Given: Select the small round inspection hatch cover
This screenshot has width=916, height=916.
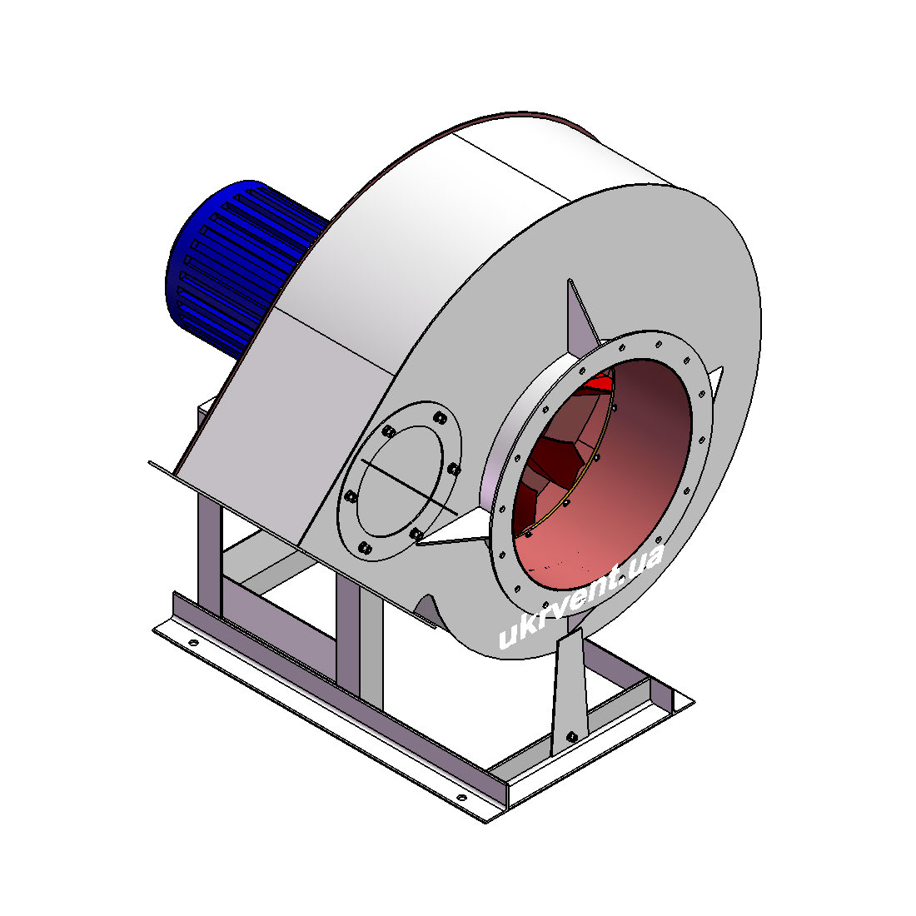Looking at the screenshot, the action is (400, 480).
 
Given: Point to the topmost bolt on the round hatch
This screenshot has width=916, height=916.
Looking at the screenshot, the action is (440, 417).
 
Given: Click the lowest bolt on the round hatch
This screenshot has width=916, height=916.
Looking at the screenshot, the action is (365, 547).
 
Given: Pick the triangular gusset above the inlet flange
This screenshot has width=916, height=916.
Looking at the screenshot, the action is (580, 317).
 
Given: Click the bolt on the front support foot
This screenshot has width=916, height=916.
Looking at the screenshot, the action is (572, 737).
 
